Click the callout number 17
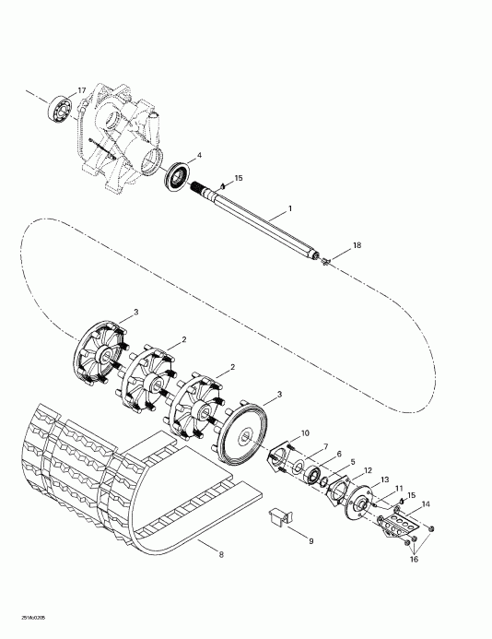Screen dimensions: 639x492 click(x=82, y=89)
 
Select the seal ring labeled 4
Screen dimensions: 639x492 click(x=178, y=176)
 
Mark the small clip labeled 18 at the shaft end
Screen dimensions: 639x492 click(x=325, y=262)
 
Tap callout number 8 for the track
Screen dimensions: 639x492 click(x=220, y=554)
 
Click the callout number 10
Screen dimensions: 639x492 click(x=305, y=433)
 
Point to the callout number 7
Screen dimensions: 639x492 click(x=324, y=447)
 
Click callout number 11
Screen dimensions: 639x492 click(x=399, y=488)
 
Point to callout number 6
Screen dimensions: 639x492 click(x=338, y=455)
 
